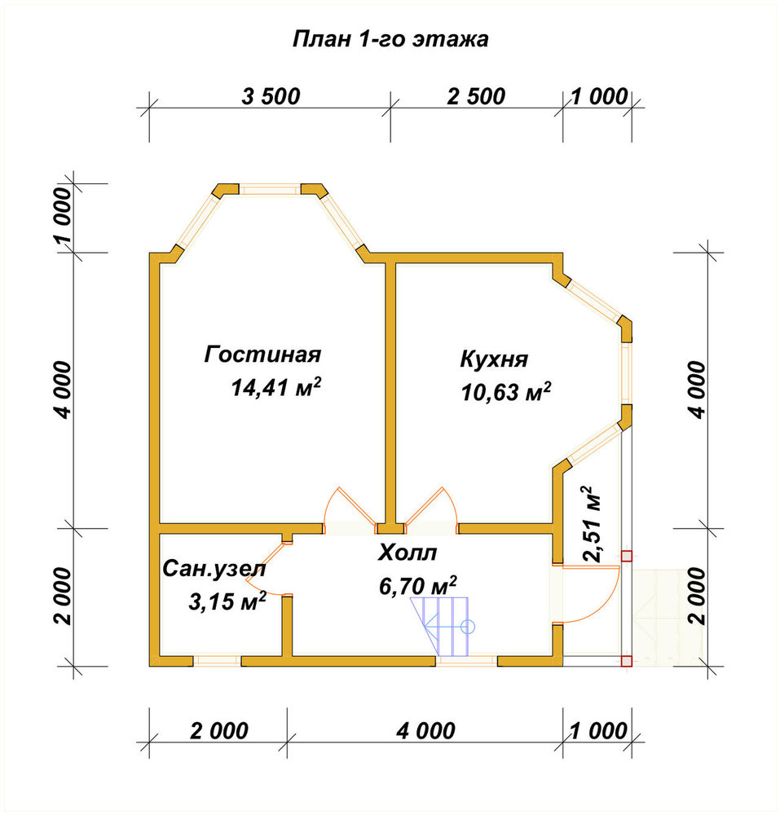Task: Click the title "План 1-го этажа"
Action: click(390, 39)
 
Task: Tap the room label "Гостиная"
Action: click(262, 355)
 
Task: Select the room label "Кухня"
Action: click(494, 359)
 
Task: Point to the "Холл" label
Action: click(407, 553)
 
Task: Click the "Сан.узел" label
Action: click(214, 569)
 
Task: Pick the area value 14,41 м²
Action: click(276, 386)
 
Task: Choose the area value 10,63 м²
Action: click(505, 391)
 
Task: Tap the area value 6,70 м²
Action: click(418, 586)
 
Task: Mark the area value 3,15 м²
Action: click(227, 602)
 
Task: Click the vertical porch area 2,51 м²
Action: click(593, 524)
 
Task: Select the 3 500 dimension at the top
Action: click(271, 97)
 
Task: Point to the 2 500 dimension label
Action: click(476, 97)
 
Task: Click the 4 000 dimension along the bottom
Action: click(425, 731)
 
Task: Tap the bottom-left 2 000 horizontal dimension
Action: click(219, 731)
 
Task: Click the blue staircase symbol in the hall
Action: click(442, 627)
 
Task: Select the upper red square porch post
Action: click(627, 556)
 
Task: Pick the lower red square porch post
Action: click(627, 661)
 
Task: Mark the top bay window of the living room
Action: click(270, 189)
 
